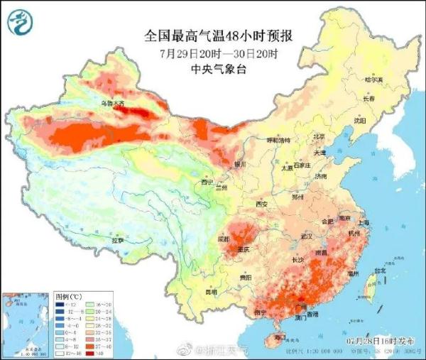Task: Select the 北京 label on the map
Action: coord(319,136)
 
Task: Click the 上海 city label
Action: coord(364,222)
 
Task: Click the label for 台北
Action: coord(380,271)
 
